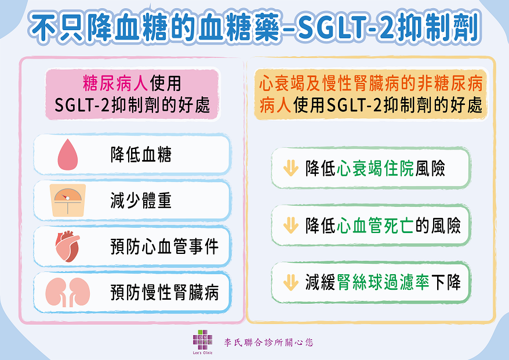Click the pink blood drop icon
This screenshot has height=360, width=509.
coord(68,155)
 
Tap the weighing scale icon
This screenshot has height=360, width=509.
coord(68,200)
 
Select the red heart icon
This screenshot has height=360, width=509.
coord(67,246)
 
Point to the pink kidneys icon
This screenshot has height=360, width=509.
coord(67,292)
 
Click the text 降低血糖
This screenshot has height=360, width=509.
coord(141,155)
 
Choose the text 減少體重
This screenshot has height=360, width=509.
coord(141,200)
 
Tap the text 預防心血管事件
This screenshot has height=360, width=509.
coord(165,246)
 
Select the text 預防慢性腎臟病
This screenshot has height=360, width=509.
coord(165,292)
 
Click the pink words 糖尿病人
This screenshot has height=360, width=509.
coord(116,83)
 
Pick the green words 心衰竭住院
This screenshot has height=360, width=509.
coord(376,168)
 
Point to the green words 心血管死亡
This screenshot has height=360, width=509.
coord(376,226)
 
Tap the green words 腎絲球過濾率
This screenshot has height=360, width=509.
coord(383,282)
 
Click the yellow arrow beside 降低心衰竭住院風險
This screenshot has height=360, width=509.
coord(290,168)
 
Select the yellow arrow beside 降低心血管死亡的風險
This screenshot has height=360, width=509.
coord(290,225)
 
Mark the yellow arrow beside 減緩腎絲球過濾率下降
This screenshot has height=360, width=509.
coord(290,282)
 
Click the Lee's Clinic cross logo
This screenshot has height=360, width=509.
coord(202,340)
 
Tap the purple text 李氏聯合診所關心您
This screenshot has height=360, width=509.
coord(269,342)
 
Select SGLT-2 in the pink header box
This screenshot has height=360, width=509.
coord(82,105)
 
